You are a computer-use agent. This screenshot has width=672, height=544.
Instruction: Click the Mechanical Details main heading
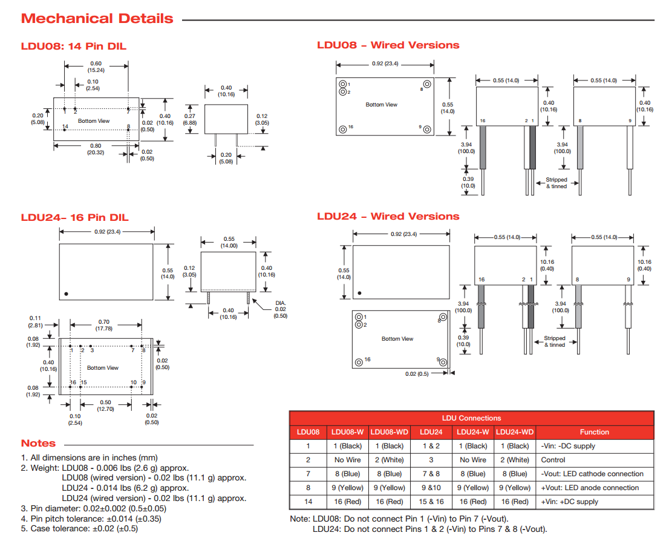[x=97, y=19]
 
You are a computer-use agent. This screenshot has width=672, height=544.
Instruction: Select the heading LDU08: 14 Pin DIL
[x=74, y=47]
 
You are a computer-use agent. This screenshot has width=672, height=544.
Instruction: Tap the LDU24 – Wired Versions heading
[x=388, y=216]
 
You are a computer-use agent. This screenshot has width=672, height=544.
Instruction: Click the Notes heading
[x=38, y=444]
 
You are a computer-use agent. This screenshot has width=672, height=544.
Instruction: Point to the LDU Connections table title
[x=471, y=418]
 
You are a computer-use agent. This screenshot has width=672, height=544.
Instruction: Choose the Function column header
[x=594, y=432]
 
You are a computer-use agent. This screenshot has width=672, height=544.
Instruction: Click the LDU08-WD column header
[x=389, y=432]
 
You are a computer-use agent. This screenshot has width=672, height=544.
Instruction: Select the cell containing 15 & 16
[x=431, y=502]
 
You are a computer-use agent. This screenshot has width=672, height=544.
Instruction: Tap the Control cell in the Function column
[x=553, y=460]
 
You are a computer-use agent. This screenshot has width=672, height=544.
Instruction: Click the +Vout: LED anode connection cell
[x=589, y=488]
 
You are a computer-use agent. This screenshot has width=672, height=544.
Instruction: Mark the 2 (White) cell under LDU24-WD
[x=514, y=460]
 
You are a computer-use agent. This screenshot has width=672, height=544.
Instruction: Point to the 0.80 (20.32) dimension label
[x=96, y=149]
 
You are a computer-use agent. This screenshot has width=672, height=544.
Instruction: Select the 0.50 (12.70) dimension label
[x=105, y=405]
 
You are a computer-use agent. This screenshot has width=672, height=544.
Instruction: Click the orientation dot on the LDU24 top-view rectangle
[x=67, y=293]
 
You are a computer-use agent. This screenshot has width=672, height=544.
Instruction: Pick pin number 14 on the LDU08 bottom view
[x=65, y=126]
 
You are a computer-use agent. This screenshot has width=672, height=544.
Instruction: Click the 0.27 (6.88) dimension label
[x=189, y=119]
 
